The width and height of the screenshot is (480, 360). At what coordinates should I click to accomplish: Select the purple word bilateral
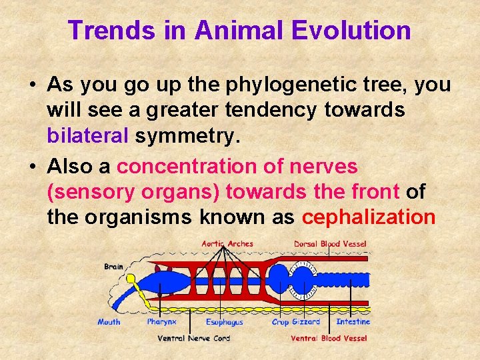(x=87, y=136)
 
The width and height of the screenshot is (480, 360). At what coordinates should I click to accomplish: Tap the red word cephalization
(x=369, y=217)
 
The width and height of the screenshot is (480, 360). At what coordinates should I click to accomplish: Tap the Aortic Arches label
(x=227, y=244)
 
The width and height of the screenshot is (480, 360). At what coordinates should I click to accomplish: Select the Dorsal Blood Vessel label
(x=330, y=244)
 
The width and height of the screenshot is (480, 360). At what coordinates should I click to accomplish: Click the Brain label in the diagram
(x=113, y=267)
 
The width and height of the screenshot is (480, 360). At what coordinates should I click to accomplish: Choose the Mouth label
(x=109, y=322)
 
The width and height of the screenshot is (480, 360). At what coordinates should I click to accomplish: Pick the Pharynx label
(x=162, y=322)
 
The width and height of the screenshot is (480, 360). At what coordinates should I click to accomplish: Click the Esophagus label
(x=224, y=322)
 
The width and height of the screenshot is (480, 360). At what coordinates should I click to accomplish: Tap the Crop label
(x=280, y=322)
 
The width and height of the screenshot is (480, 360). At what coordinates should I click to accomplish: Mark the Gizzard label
(x=306, y=322)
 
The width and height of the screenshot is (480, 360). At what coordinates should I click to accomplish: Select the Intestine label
(x=353, y=322)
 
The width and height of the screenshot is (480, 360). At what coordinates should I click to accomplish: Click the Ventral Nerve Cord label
(x=193, y=338)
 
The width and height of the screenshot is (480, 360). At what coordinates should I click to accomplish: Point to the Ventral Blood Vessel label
(x=329, y=338)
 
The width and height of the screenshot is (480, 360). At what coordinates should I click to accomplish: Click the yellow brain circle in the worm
(x=131, y=279)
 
